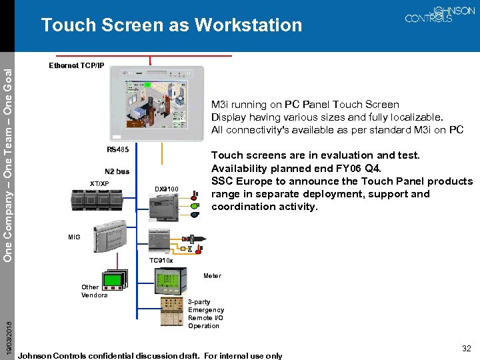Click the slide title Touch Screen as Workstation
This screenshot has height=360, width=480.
coord(171,25)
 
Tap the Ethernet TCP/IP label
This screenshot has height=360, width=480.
coord(77,66)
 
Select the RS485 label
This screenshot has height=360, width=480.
coord(118,149)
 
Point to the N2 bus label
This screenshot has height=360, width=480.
coord(117,171)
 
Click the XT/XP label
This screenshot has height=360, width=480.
coord(99,183)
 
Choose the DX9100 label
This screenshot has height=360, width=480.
coord(167,189)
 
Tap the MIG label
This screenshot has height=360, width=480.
coord(74,237)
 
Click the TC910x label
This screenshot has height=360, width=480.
coord(161,260)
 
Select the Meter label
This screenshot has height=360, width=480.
coord(212,276)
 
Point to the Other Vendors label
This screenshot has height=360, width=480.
coord(94,291)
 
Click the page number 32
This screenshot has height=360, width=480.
coord(467,348)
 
